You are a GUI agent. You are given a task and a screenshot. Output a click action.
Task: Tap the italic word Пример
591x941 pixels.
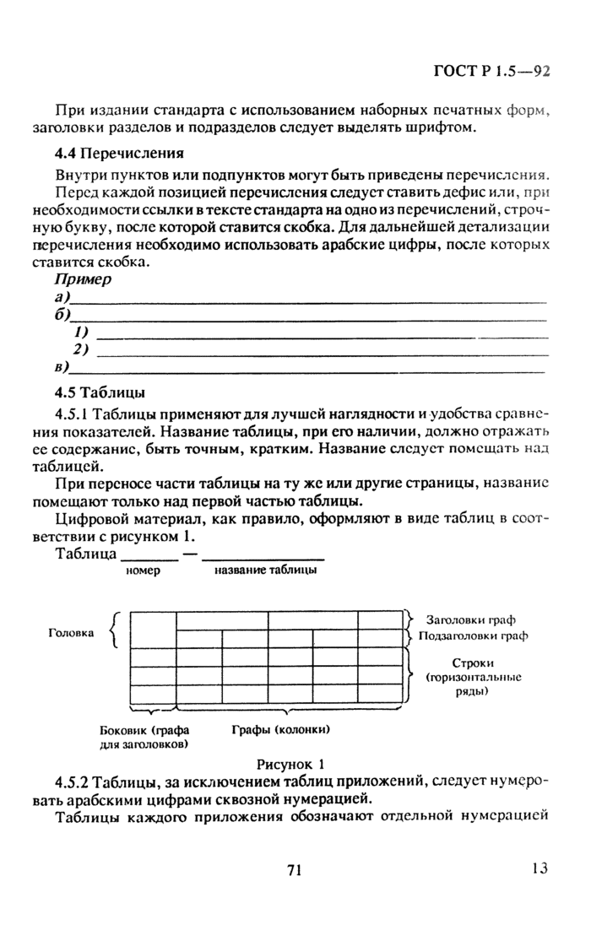[83, 279]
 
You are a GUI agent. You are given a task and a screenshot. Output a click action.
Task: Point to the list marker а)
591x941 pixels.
[62, 298]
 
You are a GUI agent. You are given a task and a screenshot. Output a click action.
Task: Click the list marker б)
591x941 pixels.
[62, 316]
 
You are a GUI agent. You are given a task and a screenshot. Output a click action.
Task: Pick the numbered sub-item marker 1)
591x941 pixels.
[82, 333]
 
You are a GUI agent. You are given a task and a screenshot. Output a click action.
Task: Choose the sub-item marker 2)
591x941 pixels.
[82, 349]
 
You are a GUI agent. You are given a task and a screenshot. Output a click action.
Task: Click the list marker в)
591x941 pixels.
[62, 367]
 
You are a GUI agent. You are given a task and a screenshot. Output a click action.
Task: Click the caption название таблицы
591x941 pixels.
[266, 571]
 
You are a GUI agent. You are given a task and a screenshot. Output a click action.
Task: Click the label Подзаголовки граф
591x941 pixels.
[473, 635]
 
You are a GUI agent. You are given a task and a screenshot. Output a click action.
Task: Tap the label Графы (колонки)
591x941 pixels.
[280, 729]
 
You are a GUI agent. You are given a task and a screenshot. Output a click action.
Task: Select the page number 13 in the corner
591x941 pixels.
[540, 868]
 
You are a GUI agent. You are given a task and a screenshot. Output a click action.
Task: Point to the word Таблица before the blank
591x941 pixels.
[85, 554]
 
